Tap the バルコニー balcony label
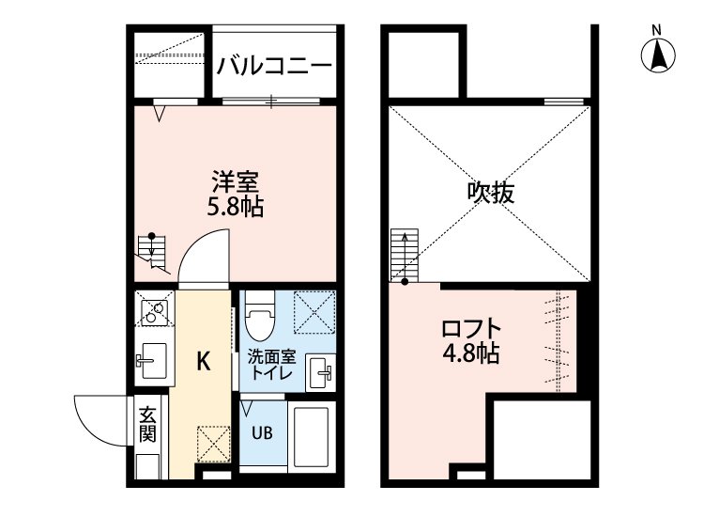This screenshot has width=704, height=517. point(274,66)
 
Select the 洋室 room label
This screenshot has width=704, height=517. point(235,180)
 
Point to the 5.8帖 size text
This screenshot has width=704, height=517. point(235,206)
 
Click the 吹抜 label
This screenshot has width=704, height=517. point(491,193)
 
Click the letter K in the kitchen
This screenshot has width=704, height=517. point(203,360)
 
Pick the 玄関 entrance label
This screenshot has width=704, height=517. point(148,425)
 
